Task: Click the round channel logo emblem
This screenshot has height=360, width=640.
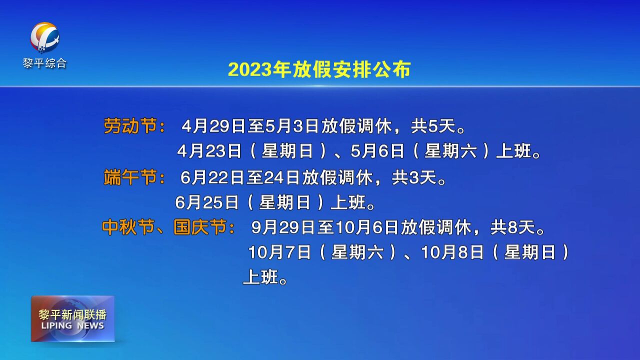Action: pos(45,37)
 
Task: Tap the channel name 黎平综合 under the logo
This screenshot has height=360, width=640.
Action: pos(45,63)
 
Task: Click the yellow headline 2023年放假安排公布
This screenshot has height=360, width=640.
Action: pos(319,69)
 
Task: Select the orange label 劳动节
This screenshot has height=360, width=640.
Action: pos(130,125)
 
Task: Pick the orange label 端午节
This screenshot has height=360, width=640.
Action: pos(130,177)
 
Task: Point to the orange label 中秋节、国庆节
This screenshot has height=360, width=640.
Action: pos(164,227)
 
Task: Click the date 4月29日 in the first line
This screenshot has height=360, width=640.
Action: pos(213,126)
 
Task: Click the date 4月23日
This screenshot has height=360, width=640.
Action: pos(209,151)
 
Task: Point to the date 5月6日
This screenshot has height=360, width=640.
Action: pos(377,151)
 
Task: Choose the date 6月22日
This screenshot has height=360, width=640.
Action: pos(212,177)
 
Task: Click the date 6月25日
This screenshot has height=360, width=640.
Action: pos(207,202)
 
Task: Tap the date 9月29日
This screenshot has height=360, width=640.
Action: pos(283,227)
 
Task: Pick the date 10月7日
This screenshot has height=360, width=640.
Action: pos(279,252)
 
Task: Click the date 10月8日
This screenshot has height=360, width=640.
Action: pos(452,252)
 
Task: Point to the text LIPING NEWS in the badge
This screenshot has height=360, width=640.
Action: pos(72,325)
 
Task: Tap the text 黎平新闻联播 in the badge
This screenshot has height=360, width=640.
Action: pos(72,314)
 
